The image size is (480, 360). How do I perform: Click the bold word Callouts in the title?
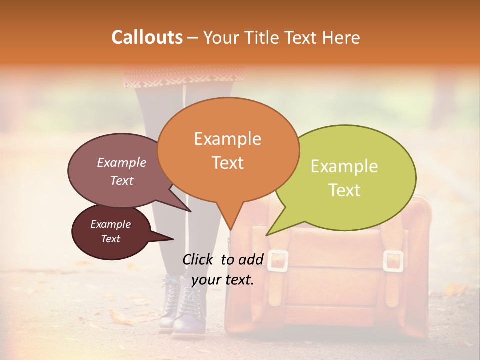147,37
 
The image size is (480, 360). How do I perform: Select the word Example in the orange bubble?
227,138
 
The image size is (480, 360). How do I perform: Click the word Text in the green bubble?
344,190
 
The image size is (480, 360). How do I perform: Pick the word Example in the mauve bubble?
121,162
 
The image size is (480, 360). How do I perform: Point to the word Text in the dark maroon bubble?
110,239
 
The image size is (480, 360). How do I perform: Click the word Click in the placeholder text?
200,259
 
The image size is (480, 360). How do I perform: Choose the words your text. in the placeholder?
222,280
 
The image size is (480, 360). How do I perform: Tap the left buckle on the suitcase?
278,261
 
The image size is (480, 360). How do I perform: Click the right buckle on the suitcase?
393,261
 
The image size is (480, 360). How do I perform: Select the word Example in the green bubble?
344,166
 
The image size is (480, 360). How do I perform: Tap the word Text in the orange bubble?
227,163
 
